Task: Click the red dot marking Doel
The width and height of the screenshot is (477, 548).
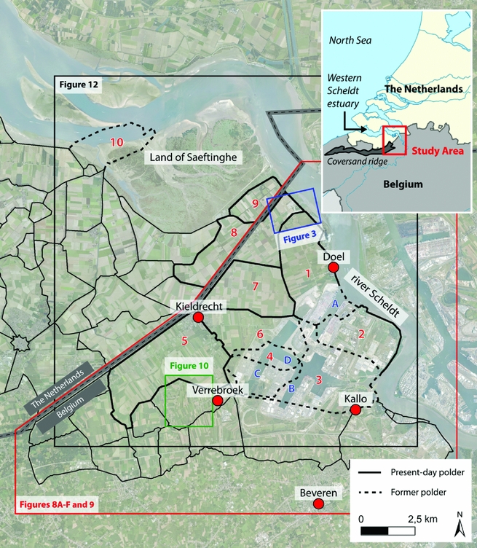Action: click(333, 268)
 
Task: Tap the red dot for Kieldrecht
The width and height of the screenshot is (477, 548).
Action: click(197, 318)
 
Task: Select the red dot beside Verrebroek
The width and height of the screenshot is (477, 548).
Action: click(217, 401)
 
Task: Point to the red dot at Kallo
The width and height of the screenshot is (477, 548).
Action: click(355, 410)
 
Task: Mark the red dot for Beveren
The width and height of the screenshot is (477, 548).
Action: click(318, 504)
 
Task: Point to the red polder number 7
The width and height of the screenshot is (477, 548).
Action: click(255, 286)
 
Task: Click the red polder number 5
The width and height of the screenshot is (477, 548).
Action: click(185, 340)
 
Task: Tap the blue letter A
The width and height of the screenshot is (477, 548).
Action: click(334, 302)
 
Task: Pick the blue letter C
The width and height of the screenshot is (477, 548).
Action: click(256, 373)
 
